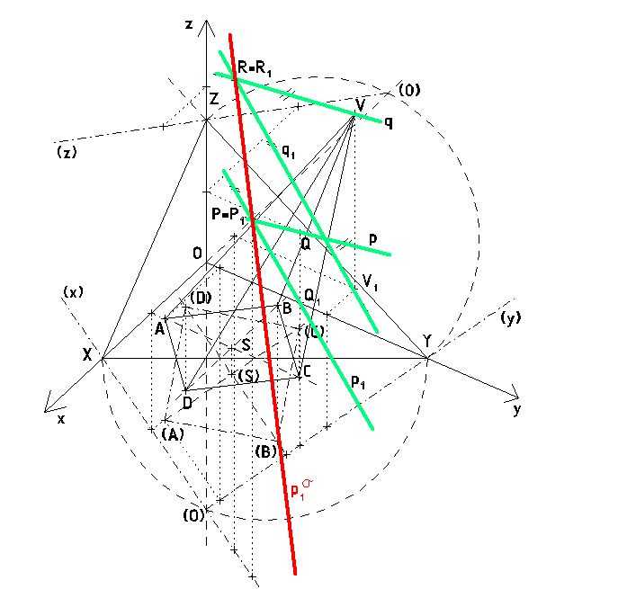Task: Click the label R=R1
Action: tap(255, 68)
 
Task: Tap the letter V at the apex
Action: tap(360, 105)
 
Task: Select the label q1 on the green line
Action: tap(288, 151)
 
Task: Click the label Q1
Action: tap(312, 296)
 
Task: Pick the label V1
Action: tap(370, 281)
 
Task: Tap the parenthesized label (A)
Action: tap(173, 434)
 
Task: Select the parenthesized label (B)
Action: tap(265, 451)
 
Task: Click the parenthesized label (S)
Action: tap(248, 376)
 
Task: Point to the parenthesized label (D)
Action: tap(201, 298)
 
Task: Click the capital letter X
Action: tap(87, 354)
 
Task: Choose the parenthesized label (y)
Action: tap(510, 317)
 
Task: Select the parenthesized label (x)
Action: tap(73, 292)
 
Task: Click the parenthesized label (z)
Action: tap(67, 152)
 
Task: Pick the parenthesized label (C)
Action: tap(314, 332)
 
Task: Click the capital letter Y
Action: tap(427, 341)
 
